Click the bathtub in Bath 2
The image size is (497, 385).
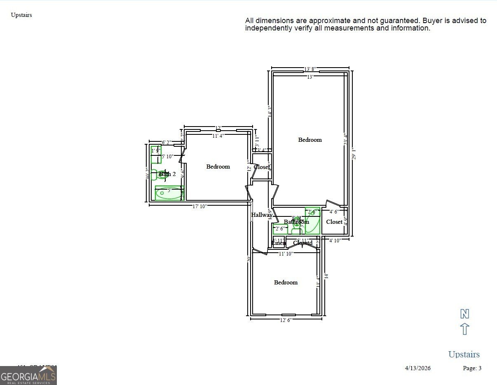(169, 192)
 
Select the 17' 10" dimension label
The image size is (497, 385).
(200, 206)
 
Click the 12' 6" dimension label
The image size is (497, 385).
(286, 320)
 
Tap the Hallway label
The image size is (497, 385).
(262, 215)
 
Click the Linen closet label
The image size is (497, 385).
(279, 243)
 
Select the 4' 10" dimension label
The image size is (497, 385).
(335, 240)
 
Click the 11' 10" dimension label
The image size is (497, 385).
(286, 254)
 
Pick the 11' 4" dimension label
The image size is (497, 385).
(218, 136)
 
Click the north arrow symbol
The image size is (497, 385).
(464, 329)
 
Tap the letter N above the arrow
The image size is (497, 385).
(464, 314)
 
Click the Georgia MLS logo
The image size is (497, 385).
(28, 376)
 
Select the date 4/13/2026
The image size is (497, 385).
(417, 368)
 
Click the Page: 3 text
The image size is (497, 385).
(472, 368)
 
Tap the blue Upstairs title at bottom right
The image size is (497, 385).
(464, 354)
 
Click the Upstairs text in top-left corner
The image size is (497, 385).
(21, 15)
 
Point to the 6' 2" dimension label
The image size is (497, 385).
(166, 143)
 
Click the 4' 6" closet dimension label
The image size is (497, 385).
(334, 212)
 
